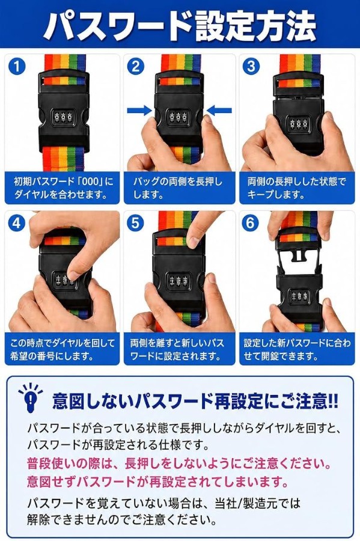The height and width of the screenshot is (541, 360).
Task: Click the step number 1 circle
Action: [x=17, y=66]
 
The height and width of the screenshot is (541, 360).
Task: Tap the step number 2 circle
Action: [x=135, y=66]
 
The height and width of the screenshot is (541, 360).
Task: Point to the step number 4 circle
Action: [x=17, y=223]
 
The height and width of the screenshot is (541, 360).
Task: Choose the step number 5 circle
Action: [x=135, y=223]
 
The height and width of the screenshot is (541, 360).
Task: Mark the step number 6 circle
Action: [x=251, y=223]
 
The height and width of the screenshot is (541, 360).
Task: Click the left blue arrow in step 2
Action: [x=139, y=111]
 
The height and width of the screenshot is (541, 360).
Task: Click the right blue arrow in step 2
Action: [x=219, y=111]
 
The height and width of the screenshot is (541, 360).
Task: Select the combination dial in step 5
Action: [x=178, y=280]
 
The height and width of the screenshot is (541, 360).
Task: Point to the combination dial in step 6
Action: [x=299, y=296]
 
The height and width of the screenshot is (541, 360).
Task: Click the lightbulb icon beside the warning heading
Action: [x=31, y=397]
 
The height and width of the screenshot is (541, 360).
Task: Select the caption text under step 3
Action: [x=296, y=188]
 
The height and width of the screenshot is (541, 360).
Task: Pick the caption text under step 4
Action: [x=62, y=349]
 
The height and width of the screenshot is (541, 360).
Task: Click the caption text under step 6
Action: [x=297, y=349]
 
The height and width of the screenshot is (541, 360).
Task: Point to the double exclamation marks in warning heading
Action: [x=333, y=401]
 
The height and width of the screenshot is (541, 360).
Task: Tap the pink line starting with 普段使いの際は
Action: [x=179, y=463]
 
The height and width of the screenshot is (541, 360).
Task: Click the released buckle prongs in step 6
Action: [x=299, y=260]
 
